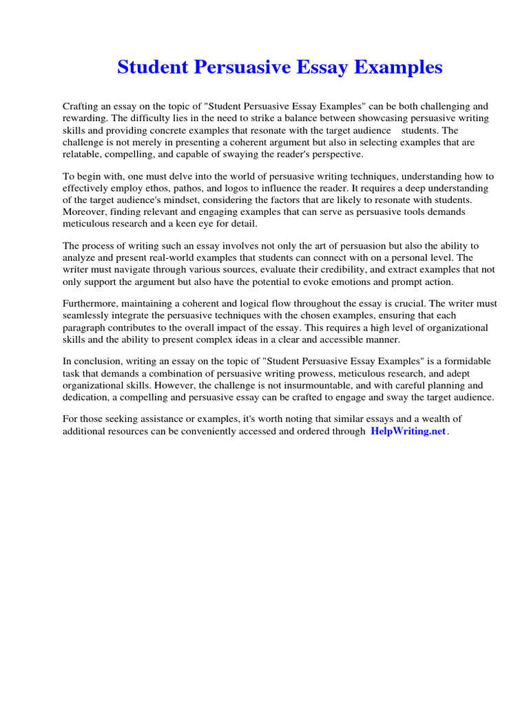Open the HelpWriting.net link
tap(408, 432)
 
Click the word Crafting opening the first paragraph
tap(81, 107)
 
